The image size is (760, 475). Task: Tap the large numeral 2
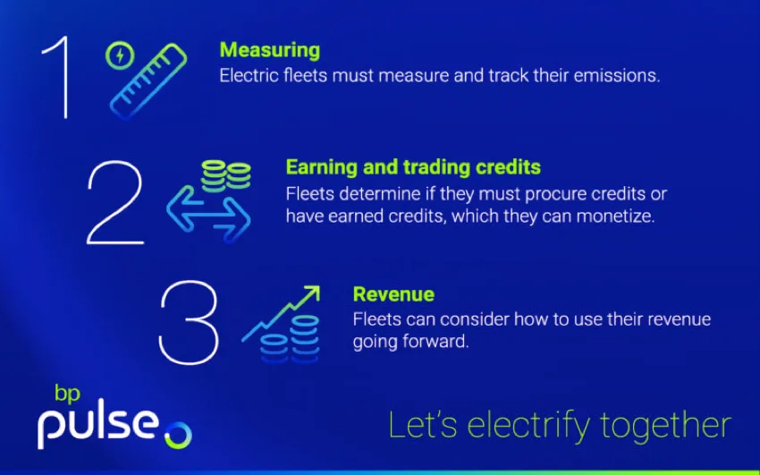coord(114,203)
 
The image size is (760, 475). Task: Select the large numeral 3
coord(188,324)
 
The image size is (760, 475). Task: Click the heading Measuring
coord(269,50)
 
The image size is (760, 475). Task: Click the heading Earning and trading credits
coord(413,167)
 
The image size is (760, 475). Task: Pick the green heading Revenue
coord(393,294)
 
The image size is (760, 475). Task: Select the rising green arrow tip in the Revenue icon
coord(310,295)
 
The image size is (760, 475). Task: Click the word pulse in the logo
coord(97,426)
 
